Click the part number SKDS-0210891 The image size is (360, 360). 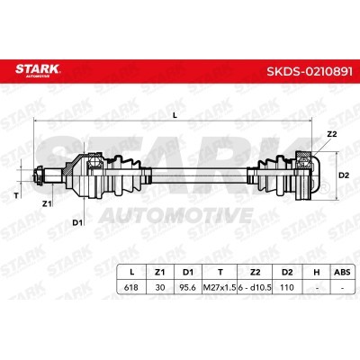[x=310, y=71]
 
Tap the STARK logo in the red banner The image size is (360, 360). [x=38, y=70]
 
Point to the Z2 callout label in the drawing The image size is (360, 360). [x=331, y=134]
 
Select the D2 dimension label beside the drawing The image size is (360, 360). [x=344, y=175]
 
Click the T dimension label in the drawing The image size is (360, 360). [x=16, y=196]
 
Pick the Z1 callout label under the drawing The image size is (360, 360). [x=47, y=204]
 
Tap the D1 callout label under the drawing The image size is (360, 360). [x=77, y=222]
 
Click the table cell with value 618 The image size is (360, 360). [x=131, y=287]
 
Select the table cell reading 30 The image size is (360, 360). [x=160, y=287]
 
